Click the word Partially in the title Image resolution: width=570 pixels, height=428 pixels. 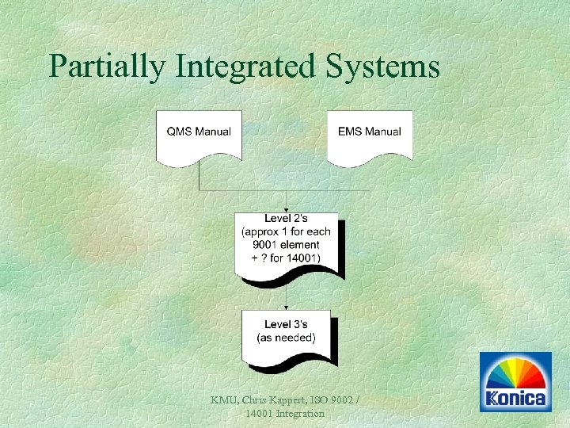tap(107, 66)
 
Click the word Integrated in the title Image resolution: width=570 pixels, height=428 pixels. tap(245, 66)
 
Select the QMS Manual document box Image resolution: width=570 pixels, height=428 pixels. tap(199, 136)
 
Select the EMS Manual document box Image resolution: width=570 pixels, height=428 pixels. tap(370, 136)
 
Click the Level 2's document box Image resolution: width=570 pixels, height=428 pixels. tap(287, 244)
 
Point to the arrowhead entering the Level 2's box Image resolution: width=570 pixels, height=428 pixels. tap(287, 209)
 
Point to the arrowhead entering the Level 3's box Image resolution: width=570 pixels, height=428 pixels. tap(287, 307)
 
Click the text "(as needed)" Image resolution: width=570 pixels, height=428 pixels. tap(287, 338)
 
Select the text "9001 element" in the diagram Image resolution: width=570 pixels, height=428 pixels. tap(287, 245)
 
